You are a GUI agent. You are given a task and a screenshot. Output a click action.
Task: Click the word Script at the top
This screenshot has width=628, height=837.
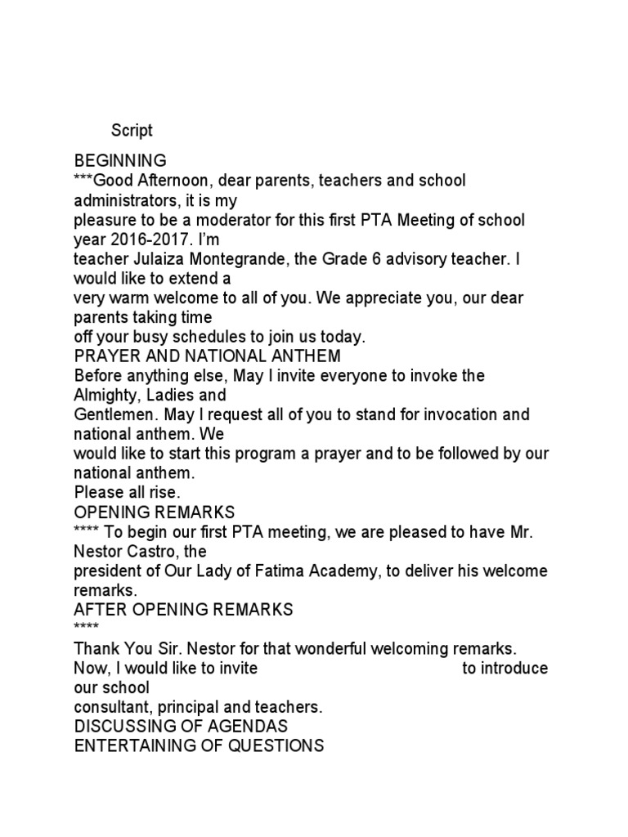tap(132, 130)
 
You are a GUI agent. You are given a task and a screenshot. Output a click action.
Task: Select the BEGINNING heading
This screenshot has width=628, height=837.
tap(120, 160)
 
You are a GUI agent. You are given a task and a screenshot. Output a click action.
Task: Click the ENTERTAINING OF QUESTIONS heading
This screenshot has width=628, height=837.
tap(199, 746)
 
